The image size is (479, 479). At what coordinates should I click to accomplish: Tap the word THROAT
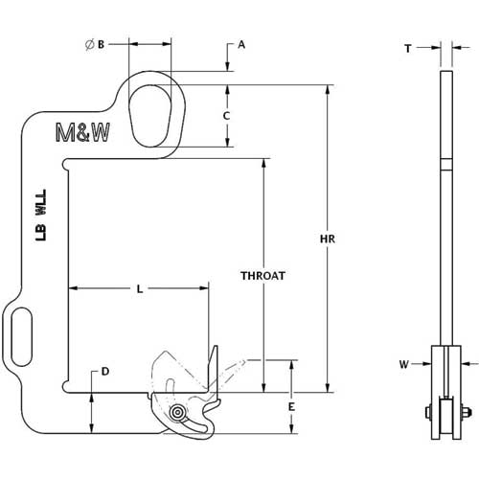263,274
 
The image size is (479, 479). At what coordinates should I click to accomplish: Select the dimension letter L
141,287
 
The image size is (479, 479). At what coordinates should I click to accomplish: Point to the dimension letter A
241,44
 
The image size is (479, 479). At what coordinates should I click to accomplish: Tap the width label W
405,364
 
